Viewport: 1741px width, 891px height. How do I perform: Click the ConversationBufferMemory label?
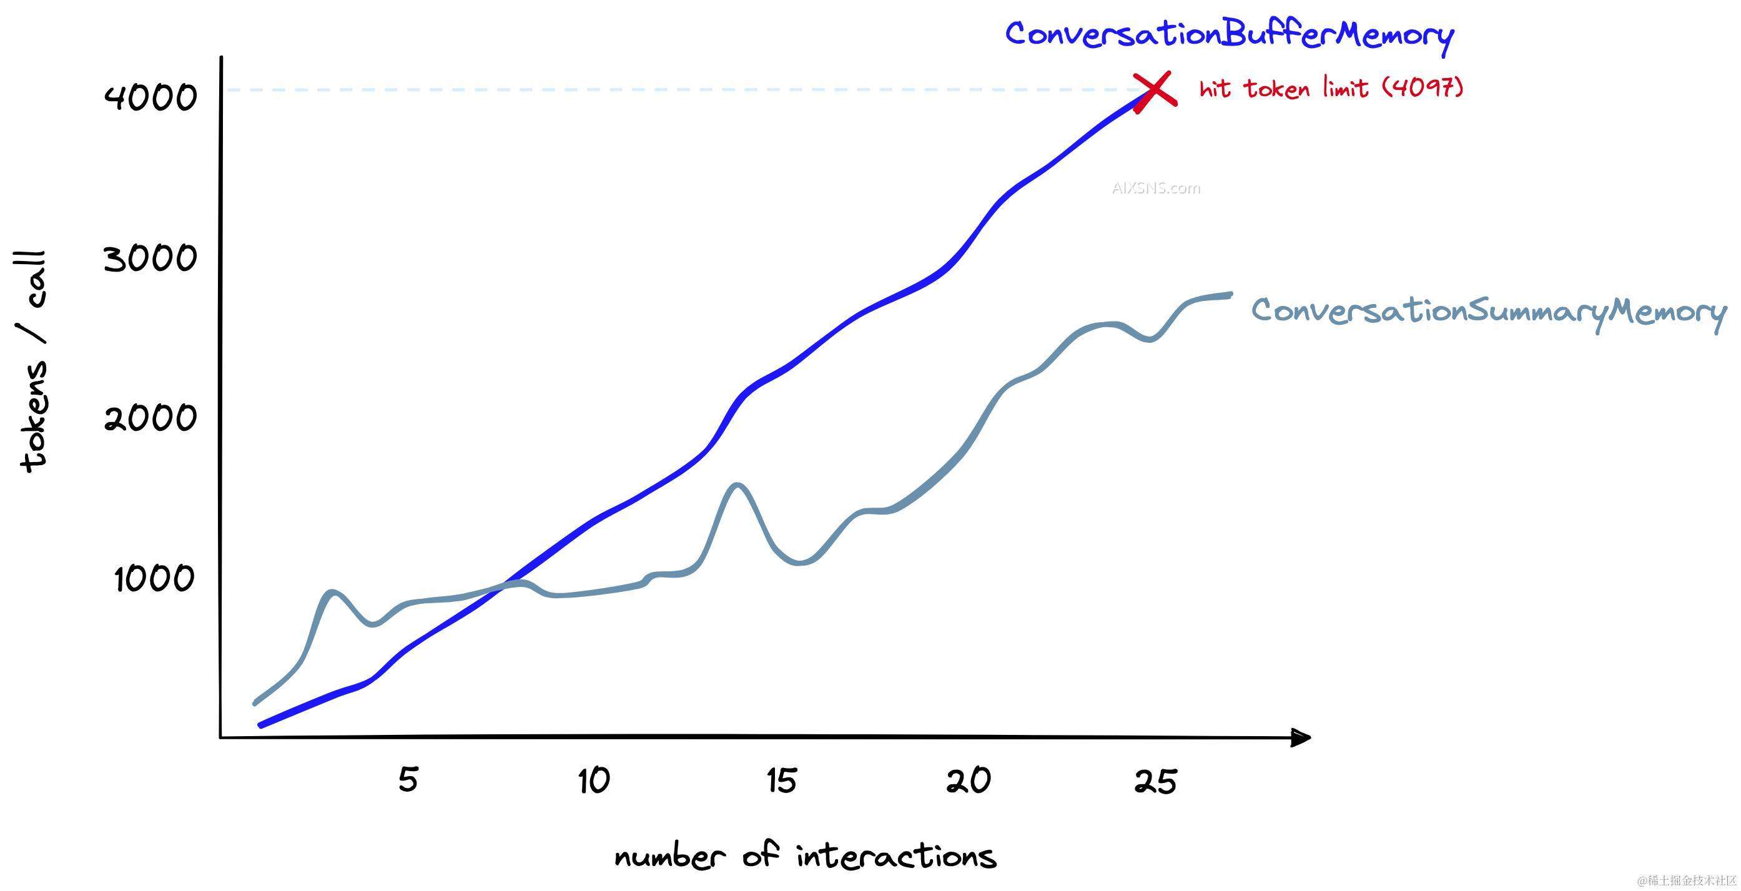point(1230,34)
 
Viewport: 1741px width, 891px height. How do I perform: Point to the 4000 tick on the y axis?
point(150,97)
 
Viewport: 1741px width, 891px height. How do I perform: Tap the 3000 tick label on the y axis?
point(150,258)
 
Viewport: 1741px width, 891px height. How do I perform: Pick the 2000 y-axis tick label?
point(150,418)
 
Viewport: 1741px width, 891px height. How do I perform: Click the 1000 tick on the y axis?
point(154,579)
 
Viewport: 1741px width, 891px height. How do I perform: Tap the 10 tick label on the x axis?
point(594,781)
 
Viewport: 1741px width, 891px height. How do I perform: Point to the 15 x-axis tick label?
point(782,781)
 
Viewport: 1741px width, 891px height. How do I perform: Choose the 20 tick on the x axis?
point(969,781)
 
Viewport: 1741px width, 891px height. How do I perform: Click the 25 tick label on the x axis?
point(1155,782)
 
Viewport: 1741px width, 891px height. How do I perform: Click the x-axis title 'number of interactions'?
point(805,857)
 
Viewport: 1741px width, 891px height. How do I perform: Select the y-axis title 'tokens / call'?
point(32,362)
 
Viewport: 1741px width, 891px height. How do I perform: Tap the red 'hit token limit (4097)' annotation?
point(1331,89)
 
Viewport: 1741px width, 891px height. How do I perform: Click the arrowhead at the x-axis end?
point(1300,737)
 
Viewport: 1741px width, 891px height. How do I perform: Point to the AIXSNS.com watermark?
point(1157,188)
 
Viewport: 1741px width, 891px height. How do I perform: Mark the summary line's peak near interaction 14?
point(736,485)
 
